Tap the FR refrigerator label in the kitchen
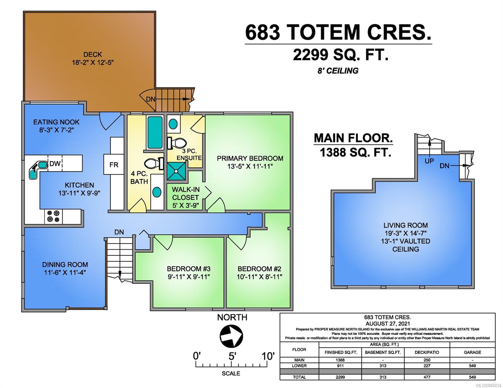pyautogui.click(x=114, y=165)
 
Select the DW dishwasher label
pyautogui.click(x=55, y=164)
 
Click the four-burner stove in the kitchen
pyautogui.click(x=53, y=216)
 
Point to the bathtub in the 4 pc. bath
pyautogui.click(x=155, y=133)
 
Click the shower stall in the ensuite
pyautogui.click(x=177, y=171)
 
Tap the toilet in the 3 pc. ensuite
pyautogui.click(x=177, y=143)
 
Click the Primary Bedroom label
pyautogui.click(x=250, y=158)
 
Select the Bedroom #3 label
pyautogui.click(x=189, y=269)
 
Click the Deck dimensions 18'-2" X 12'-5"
pyautogui.click(x=93, y=62)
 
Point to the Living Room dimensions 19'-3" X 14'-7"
pyautogui.click(x=406, y=233)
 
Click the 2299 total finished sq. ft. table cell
pyautogui.click(x=340, y=377)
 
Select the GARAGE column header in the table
pyautogui.click(x=473, y=352)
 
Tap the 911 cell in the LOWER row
pyautogui.click(x=340, y=366)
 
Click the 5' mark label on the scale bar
pyautogui.click(x=232, y=356)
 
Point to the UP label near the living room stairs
pyautogui.click(x=429, y=161)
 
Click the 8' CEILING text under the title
pyautogui.click(x=338, y=71)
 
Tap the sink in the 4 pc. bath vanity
pyautogui.click(x=157, y=192)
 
